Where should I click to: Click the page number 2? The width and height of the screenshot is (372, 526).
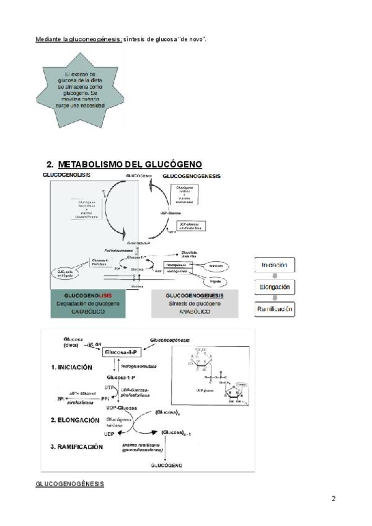coord(334,499)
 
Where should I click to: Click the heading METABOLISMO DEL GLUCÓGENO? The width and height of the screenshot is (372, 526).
coord(130,164)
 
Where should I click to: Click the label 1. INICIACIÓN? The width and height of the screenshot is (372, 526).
coord(76,367)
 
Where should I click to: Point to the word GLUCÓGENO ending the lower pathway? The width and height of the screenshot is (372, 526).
coord(165,465)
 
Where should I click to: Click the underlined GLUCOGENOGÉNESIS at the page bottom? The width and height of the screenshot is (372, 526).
coord(69,483)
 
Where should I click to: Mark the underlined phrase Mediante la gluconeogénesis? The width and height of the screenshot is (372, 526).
coord(78,40)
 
